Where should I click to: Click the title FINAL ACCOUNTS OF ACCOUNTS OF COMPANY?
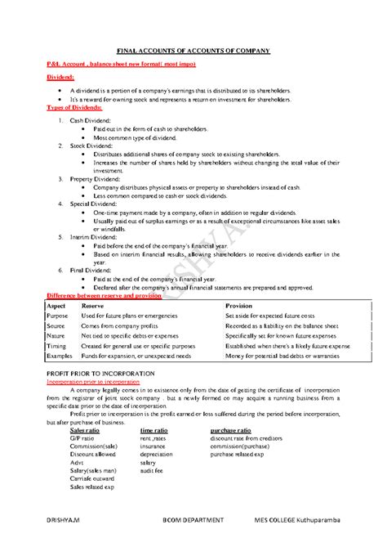(x=193, y=51)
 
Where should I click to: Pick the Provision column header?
(x=240, y=305)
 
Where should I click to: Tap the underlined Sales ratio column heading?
(x=87, y=429)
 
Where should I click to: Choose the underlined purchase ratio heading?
(x=233, y=429)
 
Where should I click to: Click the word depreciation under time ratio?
(x=157, y=455)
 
